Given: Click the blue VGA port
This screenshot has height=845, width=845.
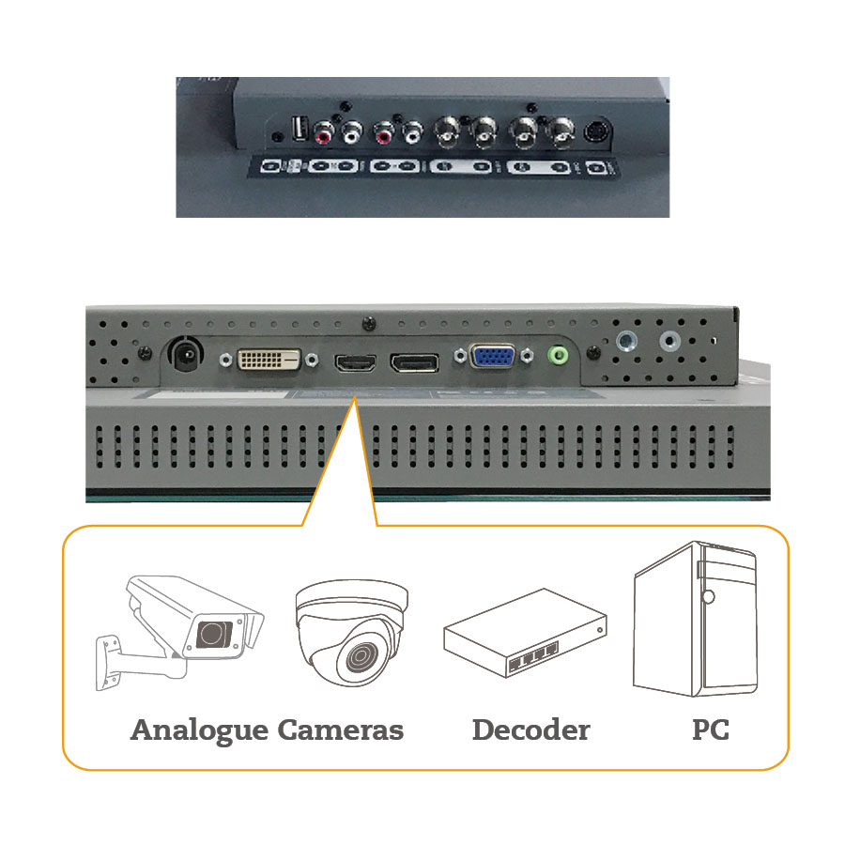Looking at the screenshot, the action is pos(491,357).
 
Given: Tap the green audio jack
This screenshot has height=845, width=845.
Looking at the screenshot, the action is pos(561,356).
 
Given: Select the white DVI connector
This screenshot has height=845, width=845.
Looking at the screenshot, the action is pos(269,359).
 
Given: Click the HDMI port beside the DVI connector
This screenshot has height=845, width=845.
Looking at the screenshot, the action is pos(355,361).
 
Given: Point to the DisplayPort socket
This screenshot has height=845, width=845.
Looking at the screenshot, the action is pos(414,361).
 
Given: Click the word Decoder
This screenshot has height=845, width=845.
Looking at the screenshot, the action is pos(530,730).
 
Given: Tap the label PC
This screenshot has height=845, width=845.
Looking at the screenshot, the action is pos(710,730).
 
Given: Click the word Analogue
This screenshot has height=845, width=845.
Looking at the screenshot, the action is pos(199,730).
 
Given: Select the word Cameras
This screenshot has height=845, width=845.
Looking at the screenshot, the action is pos(341,730).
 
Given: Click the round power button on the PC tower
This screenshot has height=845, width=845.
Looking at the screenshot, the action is pos(708,596).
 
